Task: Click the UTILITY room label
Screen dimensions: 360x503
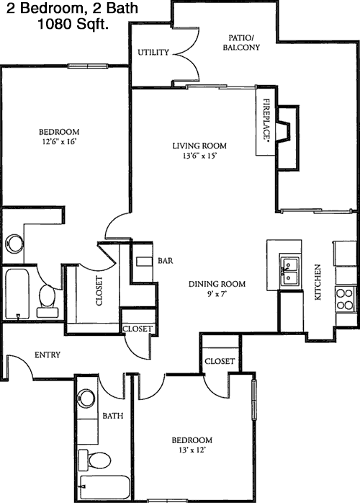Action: pyautogui.click(x=153, y=53)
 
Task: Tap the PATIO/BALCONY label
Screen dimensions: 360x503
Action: pyautogui.click(x=241, y=43)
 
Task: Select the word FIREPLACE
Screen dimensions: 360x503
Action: pyautogui.click(x=266, y=120)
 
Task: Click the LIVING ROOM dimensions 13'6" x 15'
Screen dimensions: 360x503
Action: pyautogui.click(x=199, y=156)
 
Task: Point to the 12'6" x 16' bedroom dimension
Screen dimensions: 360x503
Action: pyautogui.click(x=59, y=141)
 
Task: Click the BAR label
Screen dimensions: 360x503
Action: pyautogui.click(x=166, y=260)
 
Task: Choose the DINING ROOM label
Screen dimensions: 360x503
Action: pyautogui.click(x=217, y=284)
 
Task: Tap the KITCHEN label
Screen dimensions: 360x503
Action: pyautogui.click(x=318, y=282)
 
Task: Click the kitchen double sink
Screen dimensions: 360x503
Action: pyautogui.click(x=289, y=271)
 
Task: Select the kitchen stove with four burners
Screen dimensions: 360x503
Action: pyautogui.click(x=345, y=299)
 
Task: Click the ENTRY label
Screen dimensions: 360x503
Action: pyautogui.click(x=48, y=355)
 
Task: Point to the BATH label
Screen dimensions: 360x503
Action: pyautogui.click(x=113, y=416)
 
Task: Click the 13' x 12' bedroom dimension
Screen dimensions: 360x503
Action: pyautogui.click(x=192, y=450)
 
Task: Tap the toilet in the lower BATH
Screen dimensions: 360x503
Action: pyautogui.click(x=94, y=460)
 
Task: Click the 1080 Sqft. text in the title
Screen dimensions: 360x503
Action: pyautogui.click(x=73, y=24)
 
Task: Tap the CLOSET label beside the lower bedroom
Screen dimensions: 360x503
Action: pyautogui.click(x=220, y=361)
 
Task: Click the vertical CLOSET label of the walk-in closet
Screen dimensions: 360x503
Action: pyautogui.click(x=99, y=290)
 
